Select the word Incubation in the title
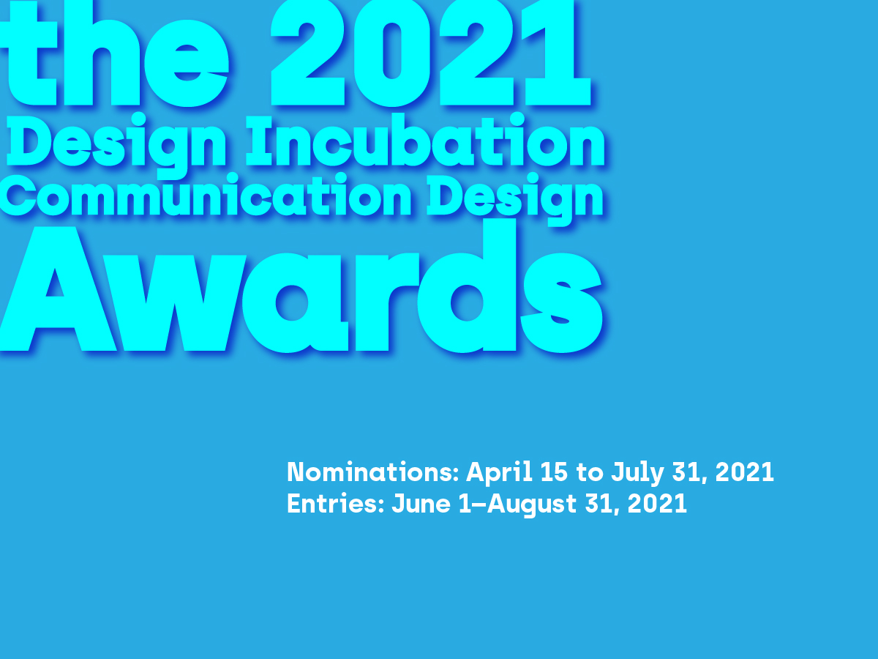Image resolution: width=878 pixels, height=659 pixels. click(425, 140)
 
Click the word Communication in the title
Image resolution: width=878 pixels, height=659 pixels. click(206, 196)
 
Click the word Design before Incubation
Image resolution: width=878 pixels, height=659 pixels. click(116, 145)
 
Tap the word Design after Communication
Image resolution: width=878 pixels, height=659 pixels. click(515, 199)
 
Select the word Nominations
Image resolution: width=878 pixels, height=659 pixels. click(372, 472)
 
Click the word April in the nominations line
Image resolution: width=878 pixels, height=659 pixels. click(499, 473)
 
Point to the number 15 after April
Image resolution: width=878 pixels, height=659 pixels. click(554, 472)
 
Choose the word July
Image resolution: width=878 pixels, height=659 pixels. click(637, 473)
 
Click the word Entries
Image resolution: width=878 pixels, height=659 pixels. click(336, 503)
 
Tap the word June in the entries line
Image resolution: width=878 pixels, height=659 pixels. click(421, 503)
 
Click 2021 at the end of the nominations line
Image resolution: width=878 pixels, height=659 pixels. click(744, 472)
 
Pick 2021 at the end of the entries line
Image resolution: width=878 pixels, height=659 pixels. click(657, 503)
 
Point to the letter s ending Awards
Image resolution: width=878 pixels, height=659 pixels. click(562, 303)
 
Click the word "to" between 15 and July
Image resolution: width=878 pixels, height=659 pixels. click(590, 472)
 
